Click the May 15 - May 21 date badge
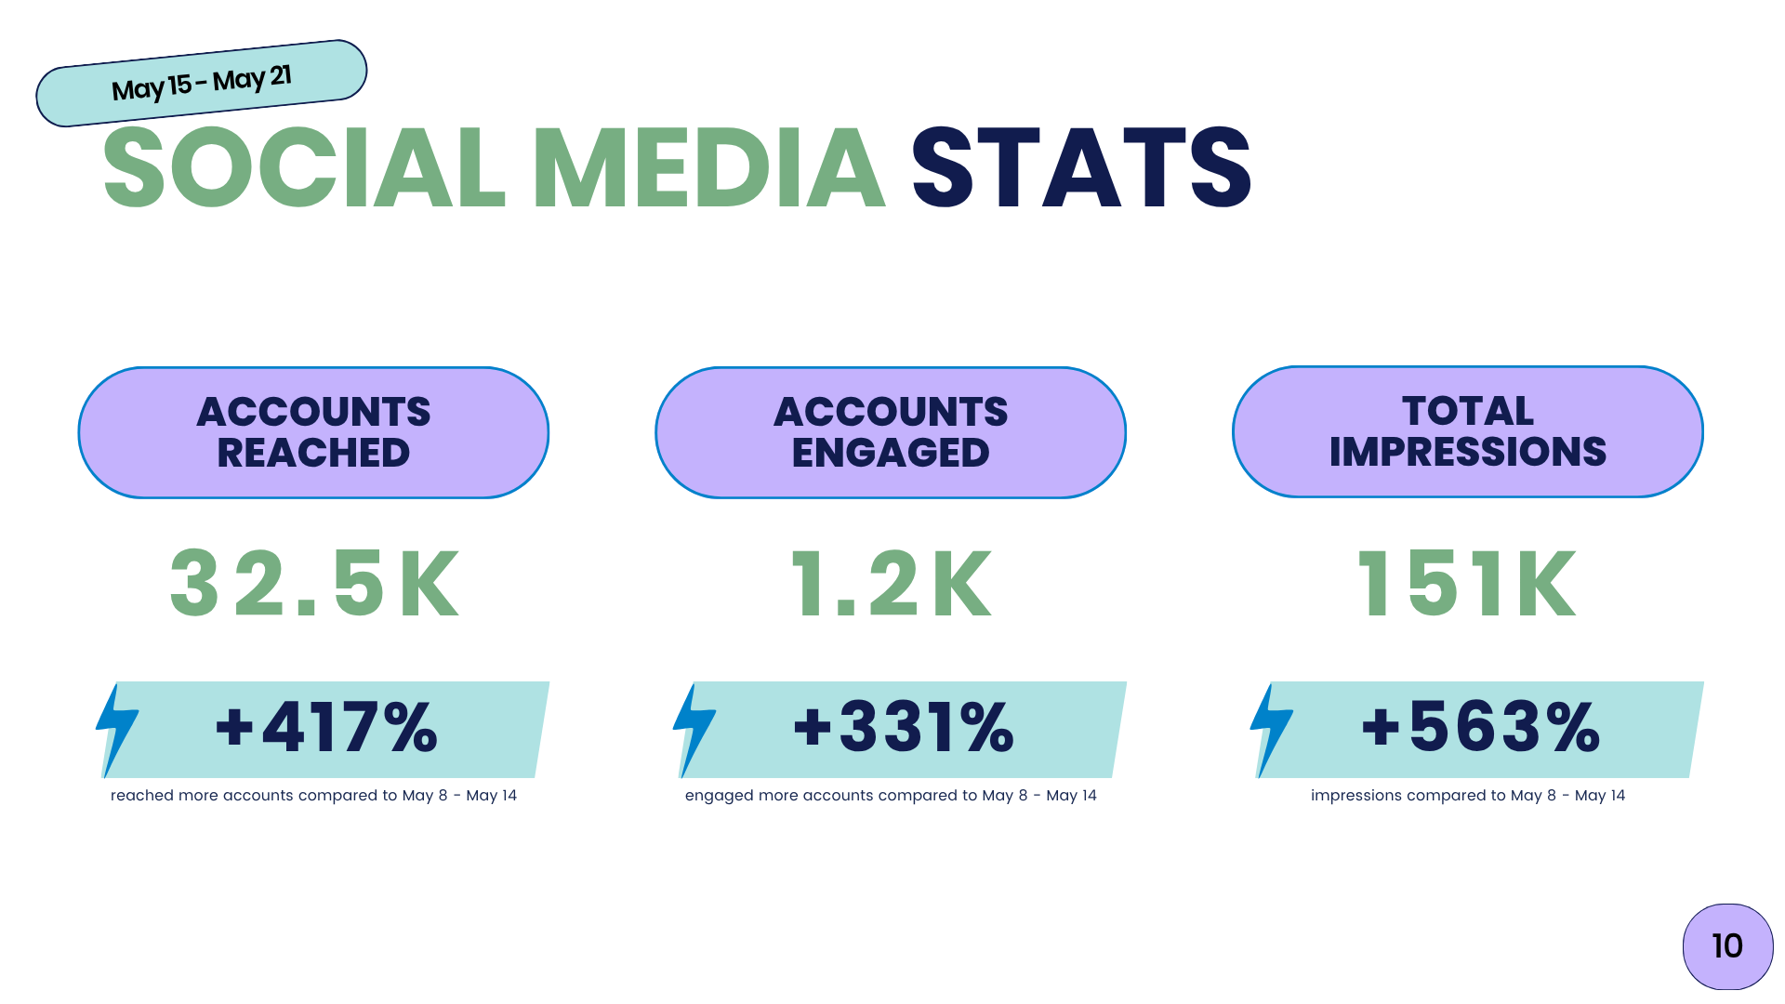coord(202,84)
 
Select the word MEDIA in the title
coord(708,168)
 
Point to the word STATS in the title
coord(1081,168)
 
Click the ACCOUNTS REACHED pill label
coord(313,432)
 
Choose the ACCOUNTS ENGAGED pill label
coord(891,432)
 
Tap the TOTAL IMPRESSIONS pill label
coord(1468,431)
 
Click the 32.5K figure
coord(314,584)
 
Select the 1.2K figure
coord(891,584)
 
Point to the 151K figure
coord(1467,584)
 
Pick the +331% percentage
coord(905,727)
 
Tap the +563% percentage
coord(1482,727)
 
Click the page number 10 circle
coord(1727,946)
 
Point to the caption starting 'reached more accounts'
coord(313,796)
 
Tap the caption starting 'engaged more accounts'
coord(891,796)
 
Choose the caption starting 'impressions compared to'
coord(1468,796)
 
